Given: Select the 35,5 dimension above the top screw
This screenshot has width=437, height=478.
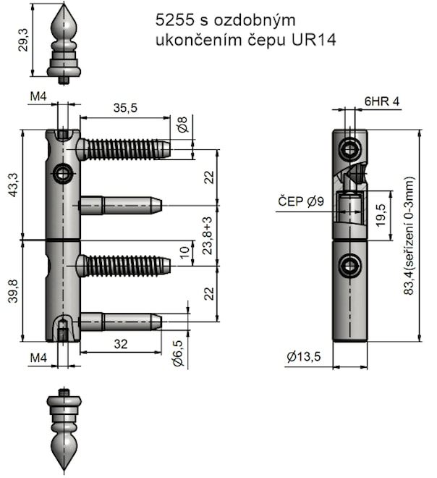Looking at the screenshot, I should click(x=125, y=108).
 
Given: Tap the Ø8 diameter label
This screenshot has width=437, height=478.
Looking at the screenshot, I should click(x=182, y=125).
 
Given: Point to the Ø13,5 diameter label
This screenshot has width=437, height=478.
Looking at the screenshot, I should click(x=302, y=356).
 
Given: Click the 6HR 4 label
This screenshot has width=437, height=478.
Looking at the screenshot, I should click(x=382, y=101).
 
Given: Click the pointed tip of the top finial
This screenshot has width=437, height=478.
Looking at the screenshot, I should click(x=64, y=6).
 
